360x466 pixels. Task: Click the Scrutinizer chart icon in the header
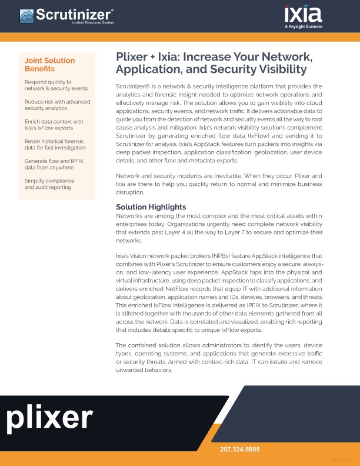(26, 15)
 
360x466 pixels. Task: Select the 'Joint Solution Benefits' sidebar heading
(49, 65)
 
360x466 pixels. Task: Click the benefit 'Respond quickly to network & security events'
(56, 85)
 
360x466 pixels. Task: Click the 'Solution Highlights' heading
(151, 207)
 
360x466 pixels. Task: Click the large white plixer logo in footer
(50, 418)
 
